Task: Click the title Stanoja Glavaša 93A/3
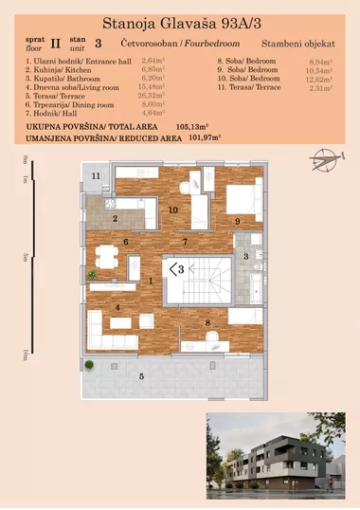pos(180,19)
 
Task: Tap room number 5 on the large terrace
pos(142,377)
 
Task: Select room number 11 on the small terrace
pos(96,177)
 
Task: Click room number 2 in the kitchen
pos(115,219)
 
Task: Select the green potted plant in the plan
pos(92,275)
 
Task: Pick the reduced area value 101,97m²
pos(205,137)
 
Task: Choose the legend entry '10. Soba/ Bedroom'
pos(248,78)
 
